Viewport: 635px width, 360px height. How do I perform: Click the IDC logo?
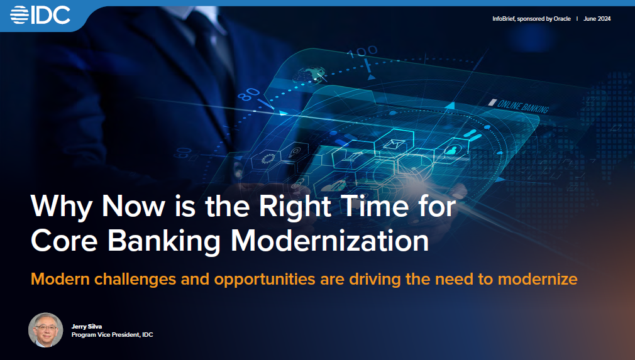pos(40,15)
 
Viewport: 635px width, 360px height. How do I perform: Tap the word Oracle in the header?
pos(562,19)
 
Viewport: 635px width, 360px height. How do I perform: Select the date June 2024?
pos(597,19)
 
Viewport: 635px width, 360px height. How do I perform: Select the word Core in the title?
pos(64,241)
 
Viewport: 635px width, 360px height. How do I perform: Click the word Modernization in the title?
pos(329,241)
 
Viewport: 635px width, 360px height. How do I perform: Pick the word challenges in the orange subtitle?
pos(135,279)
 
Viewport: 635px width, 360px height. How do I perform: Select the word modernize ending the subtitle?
pos(538,279)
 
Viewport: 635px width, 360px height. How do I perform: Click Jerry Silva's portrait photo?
pos(46,330)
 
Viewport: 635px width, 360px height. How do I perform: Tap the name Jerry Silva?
pos(87,327)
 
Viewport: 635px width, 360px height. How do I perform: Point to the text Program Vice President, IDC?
pos(112,334)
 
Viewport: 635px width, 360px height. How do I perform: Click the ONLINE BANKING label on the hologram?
pos(523,106)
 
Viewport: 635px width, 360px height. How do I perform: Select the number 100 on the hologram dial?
pos(362,52)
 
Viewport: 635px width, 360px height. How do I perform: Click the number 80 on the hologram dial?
pos(248,95)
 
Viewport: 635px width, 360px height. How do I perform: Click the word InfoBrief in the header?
pos(504,19)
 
